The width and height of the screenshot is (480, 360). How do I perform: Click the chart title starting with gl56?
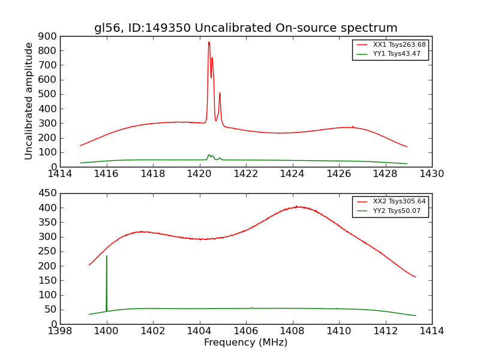pos(245,28)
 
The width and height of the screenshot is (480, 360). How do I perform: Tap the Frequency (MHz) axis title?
pos(245,343)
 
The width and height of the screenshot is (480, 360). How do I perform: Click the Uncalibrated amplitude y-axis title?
pos(29,101)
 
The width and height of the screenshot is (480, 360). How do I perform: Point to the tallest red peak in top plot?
pos(209,42)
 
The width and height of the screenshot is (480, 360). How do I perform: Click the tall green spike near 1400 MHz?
pos(107,256)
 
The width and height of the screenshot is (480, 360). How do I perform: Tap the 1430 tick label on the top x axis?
pos(431,174)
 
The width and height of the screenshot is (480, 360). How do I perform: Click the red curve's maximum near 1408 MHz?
pos(296,206)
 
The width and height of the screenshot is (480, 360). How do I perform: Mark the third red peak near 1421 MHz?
pos(220,93)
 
